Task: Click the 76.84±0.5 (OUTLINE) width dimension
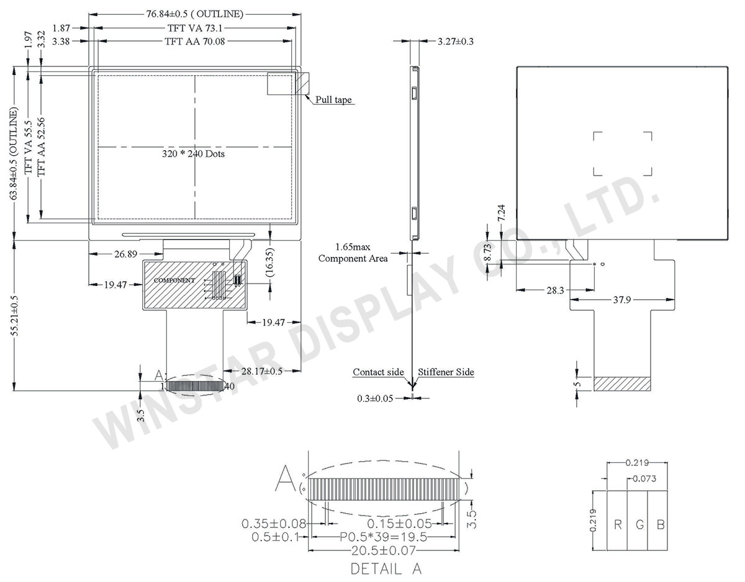(186, 14)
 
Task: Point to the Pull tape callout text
(335, 99)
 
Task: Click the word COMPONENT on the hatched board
(174, 280)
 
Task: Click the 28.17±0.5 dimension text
(262, 371)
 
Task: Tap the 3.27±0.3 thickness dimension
(456, 42)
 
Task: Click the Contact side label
(378, 372)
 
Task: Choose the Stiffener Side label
(446, 372)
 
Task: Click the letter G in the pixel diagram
(639, 525)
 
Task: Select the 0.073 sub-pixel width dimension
(644, 479)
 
